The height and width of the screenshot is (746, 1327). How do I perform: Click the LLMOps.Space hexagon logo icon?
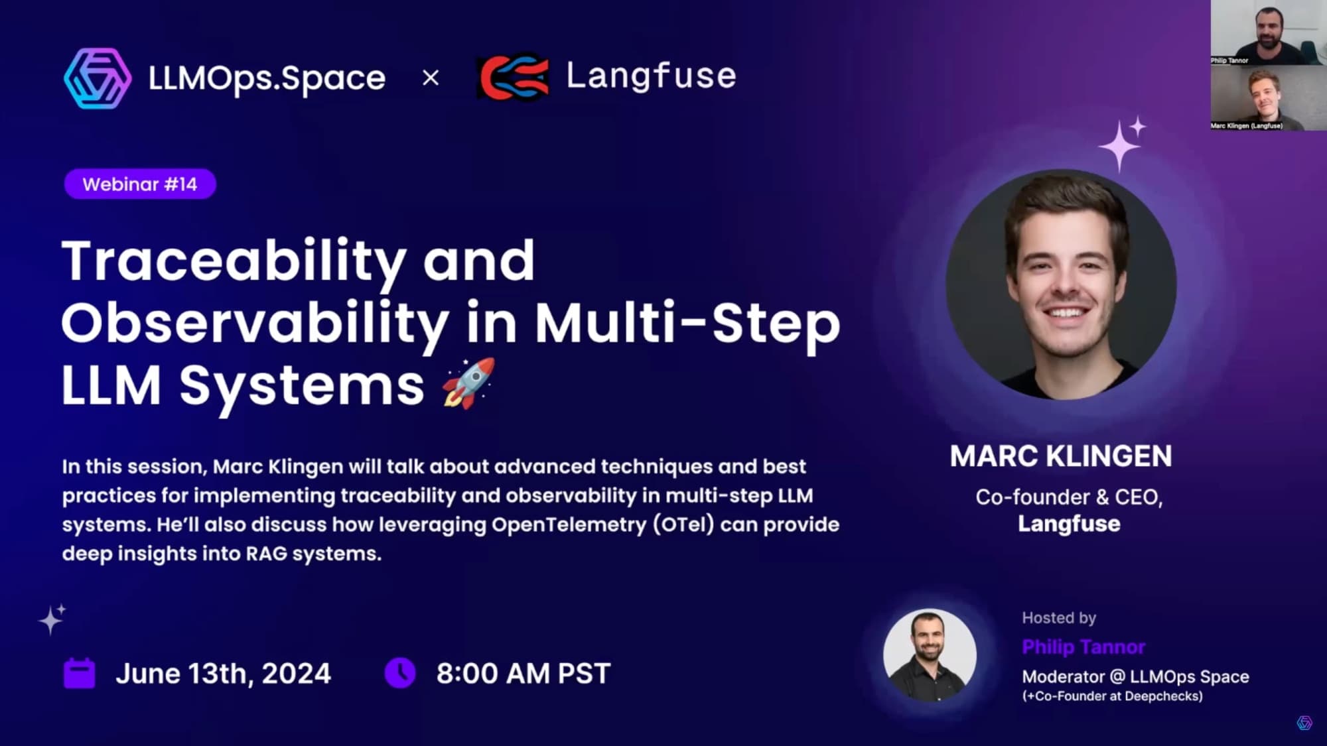[x=98, y=78]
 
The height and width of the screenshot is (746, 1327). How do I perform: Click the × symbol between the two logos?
[x=431, y=78]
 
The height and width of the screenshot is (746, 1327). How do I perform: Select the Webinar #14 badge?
[x=140, y=184]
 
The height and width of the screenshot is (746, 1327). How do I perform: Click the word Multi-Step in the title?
[x=687, y=324]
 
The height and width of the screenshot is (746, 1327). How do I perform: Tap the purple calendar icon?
[x=79, y=674]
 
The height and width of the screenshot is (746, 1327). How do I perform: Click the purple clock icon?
[x=400, y=673]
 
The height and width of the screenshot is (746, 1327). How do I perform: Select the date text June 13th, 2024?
[x=223, y=674]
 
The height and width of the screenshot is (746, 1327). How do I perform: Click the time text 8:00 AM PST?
[x=523, y=674]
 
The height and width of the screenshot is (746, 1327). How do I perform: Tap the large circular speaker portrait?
[x=1061, y=285]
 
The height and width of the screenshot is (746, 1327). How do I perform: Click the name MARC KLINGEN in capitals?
[x=1061, y=456]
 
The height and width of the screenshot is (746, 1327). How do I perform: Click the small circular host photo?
[x=930, y=655]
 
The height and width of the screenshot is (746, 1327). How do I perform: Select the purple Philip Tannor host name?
[x=1083, y=647]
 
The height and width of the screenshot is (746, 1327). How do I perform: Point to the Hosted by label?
[x=1059, y=618]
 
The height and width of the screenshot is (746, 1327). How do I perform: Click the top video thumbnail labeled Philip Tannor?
[x=1268, y=32]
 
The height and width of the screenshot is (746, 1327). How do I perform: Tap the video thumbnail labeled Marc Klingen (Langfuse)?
[x=1268, y=97]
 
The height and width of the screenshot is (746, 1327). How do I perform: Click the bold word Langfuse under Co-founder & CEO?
[x=1069, y=524]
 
